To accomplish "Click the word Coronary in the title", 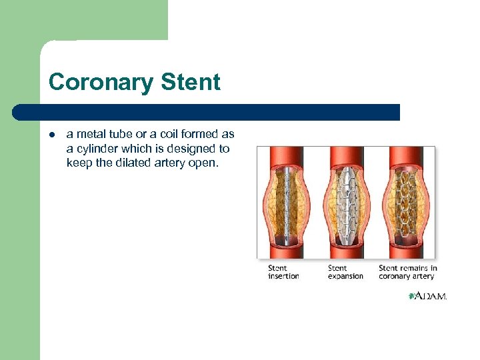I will [100, 82].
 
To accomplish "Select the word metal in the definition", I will [89, 135].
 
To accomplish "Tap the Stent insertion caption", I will [283, 272].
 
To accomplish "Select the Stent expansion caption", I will [345, 272].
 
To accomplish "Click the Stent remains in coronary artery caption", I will [407, 272].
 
